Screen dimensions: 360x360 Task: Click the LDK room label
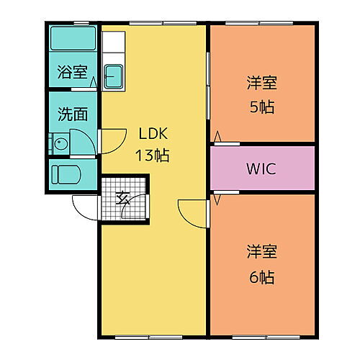153,134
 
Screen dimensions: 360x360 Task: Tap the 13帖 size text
153,155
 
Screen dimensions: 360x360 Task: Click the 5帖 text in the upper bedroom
263,108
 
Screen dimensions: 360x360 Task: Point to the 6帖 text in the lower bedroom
263,276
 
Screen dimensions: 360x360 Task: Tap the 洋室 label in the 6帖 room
263,252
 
